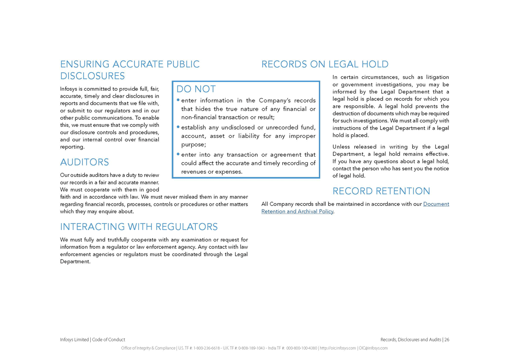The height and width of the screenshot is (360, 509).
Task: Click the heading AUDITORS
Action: point(85,162)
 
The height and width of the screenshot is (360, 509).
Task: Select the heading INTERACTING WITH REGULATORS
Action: point(139,227)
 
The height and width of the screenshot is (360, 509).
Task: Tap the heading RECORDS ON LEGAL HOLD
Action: point(325,64)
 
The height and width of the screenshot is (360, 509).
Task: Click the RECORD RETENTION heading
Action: point(381,191)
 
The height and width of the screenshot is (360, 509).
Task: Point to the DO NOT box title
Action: point(196,89)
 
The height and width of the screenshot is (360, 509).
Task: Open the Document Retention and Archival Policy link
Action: point(355,208)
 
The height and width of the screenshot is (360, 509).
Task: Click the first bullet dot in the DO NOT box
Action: point(178,100)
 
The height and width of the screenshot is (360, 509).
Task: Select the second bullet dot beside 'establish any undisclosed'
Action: point(178,127)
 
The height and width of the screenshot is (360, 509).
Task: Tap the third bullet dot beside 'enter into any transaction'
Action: point(178,154)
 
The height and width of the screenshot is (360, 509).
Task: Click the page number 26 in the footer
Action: point(447,340)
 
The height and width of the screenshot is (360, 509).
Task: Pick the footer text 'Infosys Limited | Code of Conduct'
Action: point(93,340)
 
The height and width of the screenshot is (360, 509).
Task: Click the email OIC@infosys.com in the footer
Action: point(373,348)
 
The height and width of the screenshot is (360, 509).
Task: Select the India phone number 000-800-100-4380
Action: point(301,348)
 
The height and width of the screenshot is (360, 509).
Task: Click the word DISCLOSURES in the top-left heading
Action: point(93,76)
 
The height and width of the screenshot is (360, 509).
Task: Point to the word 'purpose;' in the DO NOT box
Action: point(193,145)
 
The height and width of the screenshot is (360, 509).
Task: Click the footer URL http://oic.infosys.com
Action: point(338,348)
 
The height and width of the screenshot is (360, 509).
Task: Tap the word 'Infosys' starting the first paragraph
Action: point(69,88)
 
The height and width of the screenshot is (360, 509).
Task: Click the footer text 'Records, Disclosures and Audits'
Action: point(410,340)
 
